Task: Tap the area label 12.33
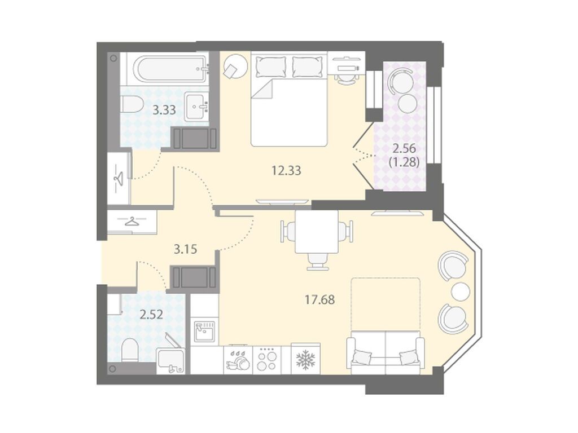point(286,170)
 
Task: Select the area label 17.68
point(319,300)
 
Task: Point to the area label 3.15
point(185,249)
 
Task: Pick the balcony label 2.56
point(404,149)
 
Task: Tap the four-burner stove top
point(266,360)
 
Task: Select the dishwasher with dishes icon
point(238,360)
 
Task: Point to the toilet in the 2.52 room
point(129,350)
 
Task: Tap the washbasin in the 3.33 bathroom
point(197,105)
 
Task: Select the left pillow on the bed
point(271,67)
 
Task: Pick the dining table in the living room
point(317,232)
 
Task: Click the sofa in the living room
point(385,352)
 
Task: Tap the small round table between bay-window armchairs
point(461,291)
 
